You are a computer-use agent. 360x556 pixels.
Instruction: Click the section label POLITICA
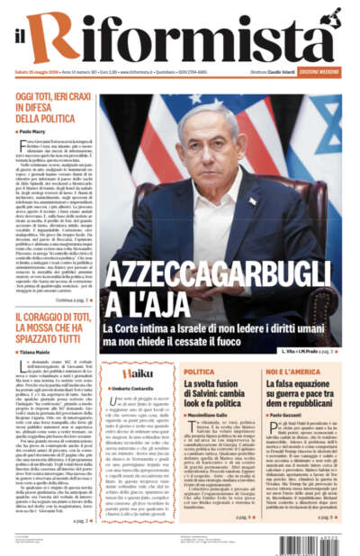click(199, 371)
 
